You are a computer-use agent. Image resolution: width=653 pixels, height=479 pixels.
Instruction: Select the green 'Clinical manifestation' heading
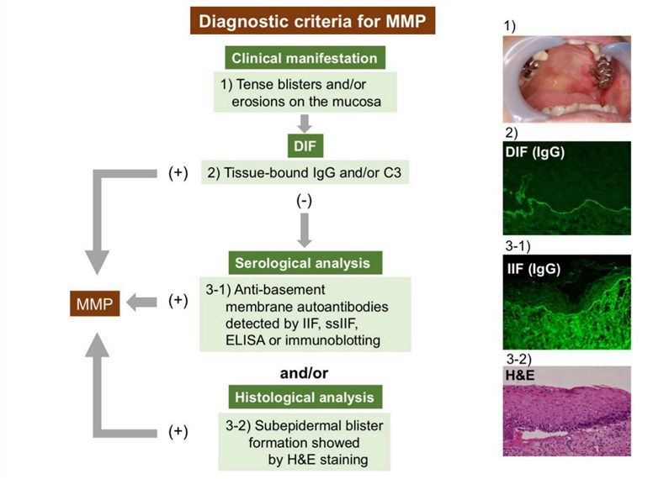[x=304, y=59]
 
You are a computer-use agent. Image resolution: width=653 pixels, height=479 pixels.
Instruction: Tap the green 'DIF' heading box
[x=304, y=146]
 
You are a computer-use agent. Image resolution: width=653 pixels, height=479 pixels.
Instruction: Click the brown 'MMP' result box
[x=93, y=303]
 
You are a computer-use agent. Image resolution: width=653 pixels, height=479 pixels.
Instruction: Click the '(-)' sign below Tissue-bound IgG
[x=304, y=202]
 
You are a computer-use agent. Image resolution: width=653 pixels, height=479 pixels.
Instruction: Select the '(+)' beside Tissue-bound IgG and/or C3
[x=178, y=174]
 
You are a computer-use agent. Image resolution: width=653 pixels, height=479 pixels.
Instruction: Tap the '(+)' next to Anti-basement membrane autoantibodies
[x=178, y=301]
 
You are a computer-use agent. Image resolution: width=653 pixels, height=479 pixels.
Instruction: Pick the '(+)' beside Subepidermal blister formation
[x=178, y=432]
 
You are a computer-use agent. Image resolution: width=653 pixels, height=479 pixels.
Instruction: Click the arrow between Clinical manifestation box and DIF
[x=305, y=123]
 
